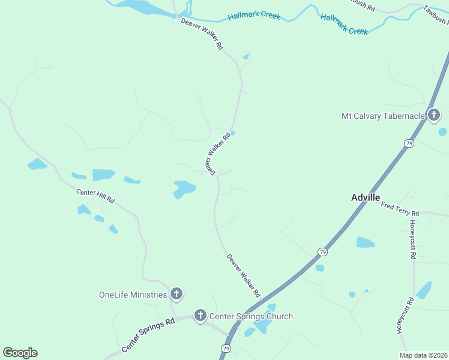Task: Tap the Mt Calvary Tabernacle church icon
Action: pos(434,115)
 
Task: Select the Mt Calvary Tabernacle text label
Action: pos(383,116)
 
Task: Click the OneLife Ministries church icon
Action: pos(176,294)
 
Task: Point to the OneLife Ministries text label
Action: pos(133,295)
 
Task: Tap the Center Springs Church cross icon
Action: pos(200,316)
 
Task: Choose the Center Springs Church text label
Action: pos(250,316)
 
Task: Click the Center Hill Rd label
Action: pos(95,195)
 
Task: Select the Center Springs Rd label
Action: pos(148,334)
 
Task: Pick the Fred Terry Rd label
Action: pos(400,209)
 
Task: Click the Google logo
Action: pos(20,353)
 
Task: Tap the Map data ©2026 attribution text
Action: pos(424,355)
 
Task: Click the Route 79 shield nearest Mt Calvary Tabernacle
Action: pos(409,143)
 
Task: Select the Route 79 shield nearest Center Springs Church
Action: pos(226,349)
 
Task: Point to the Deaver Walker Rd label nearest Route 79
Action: pos(244,276)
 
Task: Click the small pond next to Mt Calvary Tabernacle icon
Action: pos(442,131)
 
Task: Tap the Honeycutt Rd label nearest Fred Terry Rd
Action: pos(413,239)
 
